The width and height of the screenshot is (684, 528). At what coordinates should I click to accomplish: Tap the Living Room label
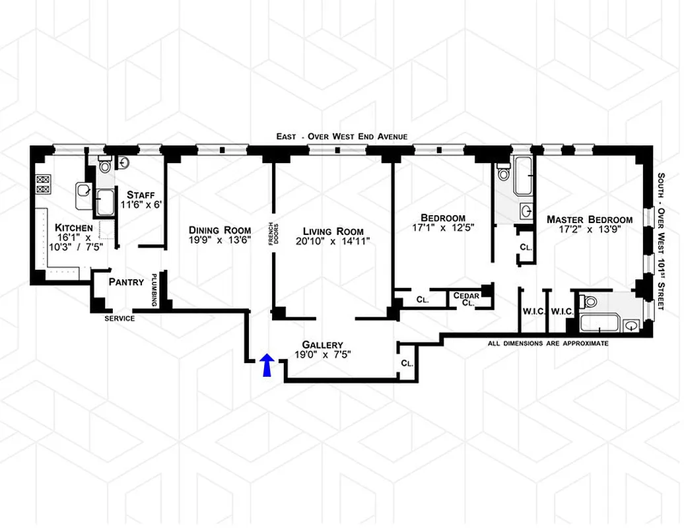pos(333,231)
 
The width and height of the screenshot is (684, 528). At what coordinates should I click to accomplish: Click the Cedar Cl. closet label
pos(465,300)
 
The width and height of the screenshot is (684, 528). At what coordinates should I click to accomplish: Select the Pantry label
pos(126,282)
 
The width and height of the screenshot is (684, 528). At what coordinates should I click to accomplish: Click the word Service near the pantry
pos(120,319)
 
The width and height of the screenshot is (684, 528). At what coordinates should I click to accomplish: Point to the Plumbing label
pos(154,290)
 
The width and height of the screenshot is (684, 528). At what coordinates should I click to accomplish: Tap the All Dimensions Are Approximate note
pos(548,343)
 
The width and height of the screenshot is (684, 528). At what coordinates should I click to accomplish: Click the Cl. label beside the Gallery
pos(407,364)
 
